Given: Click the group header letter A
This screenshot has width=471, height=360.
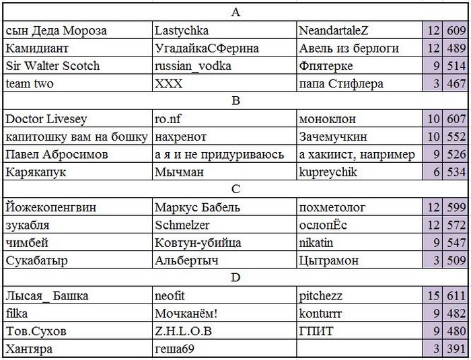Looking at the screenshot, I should coord(235,13).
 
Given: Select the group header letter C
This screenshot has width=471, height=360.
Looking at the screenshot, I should coord(235,190).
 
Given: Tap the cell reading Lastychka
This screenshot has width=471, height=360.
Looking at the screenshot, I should coord(182,30).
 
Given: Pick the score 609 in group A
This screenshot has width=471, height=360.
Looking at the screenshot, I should coord(456,30).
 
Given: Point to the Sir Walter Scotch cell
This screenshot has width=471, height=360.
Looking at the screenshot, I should coord(52,66).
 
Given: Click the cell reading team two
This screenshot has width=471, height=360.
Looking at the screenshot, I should coord(30,84).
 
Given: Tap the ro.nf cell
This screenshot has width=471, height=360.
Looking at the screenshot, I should coord(168,119).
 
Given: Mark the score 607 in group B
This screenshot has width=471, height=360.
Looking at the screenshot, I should coord(456,119).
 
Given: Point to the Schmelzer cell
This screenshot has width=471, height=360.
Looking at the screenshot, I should coord(182,225).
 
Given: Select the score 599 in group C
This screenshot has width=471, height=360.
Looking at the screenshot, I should coord(456,208).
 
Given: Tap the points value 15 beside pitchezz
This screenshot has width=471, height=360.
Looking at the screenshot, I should coord(432,296).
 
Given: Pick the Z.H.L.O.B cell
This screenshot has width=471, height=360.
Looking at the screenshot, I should coord(183,332).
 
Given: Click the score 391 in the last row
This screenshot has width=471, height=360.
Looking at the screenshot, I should coord(456,349).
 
